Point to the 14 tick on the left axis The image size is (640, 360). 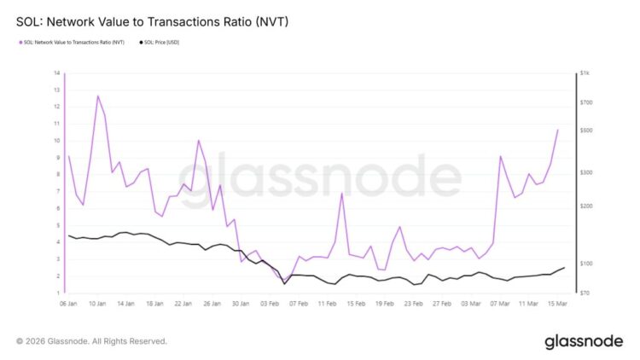(56, 73)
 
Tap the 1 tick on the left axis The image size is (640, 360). (57, 293)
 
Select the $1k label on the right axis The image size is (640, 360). (585, 74)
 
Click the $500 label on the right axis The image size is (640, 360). (585, 131)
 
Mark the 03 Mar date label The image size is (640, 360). (470, 304)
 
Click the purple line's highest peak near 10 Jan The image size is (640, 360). (97, 96)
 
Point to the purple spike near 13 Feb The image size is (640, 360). (341, 193)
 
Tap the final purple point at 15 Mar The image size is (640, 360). (557, 130)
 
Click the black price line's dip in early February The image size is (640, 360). (284, 283)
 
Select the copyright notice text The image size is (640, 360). (91, 341)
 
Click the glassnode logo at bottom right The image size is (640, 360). (583, 341)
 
